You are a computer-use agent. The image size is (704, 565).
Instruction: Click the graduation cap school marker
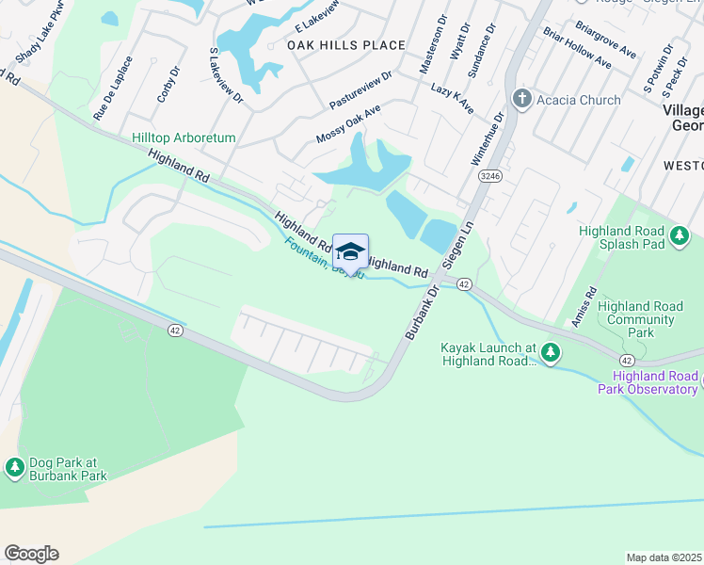pyautogui.click(x=350, y=252)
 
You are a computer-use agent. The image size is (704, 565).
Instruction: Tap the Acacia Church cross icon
pyautogui.click(x=520, y=100)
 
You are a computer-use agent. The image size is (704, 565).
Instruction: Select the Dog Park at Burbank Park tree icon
pyautogui.click(x=14, y=466)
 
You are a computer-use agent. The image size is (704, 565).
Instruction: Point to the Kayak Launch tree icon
pyautogui.click(x=550, y=353)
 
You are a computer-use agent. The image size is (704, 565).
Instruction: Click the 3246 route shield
pyautogui.click(x=488, y=176)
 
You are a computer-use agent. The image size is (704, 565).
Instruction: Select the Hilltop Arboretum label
pyautogui.click(x=184, y=137)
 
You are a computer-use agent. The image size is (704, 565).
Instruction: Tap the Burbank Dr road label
pyautogui.click(x=423, y=312)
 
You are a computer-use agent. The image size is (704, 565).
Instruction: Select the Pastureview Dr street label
pyautogui.click(x=360, y=89)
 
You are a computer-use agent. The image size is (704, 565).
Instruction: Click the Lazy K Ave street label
pyautogui.click(x=452, y=98)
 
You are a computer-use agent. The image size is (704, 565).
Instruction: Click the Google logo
pyautogui.click(x=31, y=554)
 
